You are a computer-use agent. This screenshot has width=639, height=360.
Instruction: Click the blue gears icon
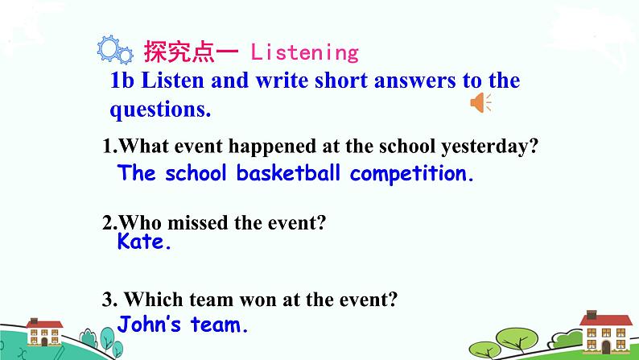[114, 50]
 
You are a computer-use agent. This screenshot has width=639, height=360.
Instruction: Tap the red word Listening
[304, 53]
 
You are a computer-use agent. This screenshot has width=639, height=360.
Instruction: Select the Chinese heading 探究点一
[191, 52]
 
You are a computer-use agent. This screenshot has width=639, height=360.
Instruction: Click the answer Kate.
[145, 242]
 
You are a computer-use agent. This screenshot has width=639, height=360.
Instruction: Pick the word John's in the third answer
[150, 325]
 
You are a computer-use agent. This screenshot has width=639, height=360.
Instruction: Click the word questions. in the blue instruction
[160, 110]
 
